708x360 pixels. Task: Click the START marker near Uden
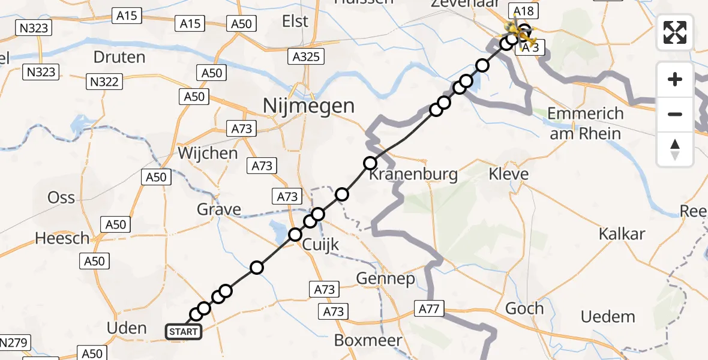[x=184, y=332]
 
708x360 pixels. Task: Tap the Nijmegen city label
[x=308, y=106]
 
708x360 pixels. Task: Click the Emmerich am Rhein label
[x=586, y=123]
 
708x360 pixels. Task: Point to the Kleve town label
[x=508, y=175]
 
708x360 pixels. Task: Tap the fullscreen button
[x=675, y=32]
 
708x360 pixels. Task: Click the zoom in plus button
[x=675, y=79]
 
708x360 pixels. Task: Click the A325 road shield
[x=306, y=57]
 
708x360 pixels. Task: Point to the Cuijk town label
[x=320, y=245]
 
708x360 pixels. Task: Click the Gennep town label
[x=385, y=278]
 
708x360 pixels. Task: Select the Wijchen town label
[x=208, y=153]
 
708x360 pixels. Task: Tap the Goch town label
[x=524, y=308]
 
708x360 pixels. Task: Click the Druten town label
[x=119, y=58]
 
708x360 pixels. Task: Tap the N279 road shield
[x=13, y=343]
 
